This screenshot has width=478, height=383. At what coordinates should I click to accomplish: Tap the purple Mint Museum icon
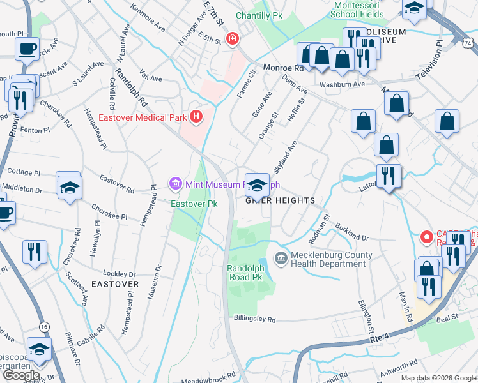[175, 184]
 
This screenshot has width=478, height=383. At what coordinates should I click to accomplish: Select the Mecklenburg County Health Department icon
[280, 258]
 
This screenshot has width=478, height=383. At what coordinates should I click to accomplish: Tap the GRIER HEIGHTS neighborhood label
[281, 200]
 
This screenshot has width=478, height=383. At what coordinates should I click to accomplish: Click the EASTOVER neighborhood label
[114, 283]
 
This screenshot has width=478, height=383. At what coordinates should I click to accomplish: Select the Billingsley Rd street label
[254, 319]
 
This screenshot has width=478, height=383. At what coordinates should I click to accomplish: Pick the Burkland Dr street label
[351, 234]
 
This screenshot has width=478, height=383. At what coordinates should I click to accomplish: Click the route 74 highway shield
[468, 42]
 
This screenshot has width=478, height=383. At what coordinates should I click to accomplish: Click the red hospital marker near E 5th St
[231, 39]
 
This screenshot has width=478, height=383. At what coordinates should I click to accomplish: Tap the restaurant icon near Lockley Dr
[34, 250]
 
